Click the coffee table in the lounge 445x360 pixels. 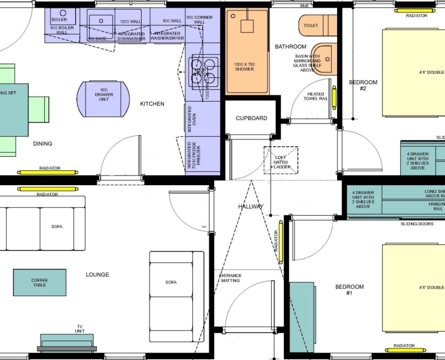click(x=39, y=283)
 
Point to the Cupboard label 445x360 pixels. click(x=251, y=118)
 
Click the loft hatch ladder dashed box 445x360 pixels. click(x=281, y=160)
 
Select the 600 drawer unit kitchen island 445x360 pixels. click(x=104, y=98)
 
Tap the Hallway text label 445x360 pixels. click(x=250, y=207)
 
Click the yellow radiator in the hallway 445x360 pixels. click(x=281, y=243)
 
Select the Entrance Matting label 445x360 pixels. click(x=230, y=278)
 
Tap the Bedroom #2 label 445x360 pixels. click(x=363, y=85)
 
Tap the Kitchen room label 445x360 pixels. click(x=152, y=104)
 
